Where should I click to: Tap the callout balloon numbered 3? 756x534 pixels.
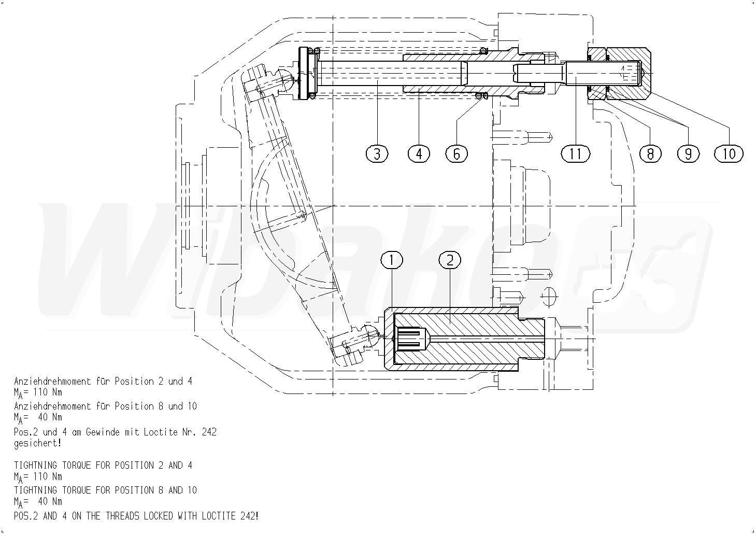(x=377, y=153)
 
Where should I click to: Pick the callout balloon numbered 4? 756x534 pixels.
(x=418, y=153)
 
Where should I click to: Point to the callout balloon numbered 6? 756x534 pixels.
(x=456, y=153)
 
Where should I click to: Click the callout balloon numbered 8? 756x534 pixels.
(x=650, y=153)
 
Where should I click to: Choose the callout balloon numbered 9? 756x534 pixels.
(x=688, y=153)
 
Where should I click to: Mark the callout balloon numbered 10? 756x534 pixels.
(x=729, y=153)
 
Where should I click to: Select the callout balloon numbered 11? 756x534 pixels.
(x=575, y=153)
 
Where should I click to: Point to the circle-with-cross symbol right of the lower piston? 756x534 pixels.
(x=548, y=297)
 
